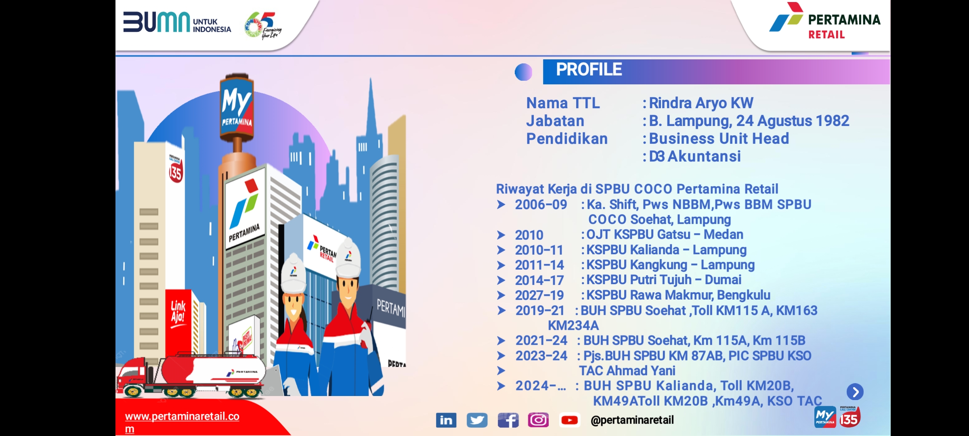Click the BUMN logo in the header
(177, 22)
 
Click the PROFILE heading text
(589, 69)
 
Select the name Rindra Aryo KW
(701, 103)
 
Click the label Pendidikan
(567, 138)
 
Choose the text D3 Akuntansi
(695, 156)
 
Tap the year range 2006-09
(541, 205)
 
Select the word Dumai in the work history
(723, 280)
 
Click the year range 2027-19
(539, 296)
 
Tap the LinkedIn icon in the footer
(446, 420)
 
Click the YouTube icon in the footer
(570, 420)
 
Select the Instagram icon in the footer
(538, 420)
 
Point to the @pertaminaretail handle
(632, 420)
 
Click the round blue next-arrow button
(855, 392)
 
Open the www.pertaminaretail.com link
(182, 422)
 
